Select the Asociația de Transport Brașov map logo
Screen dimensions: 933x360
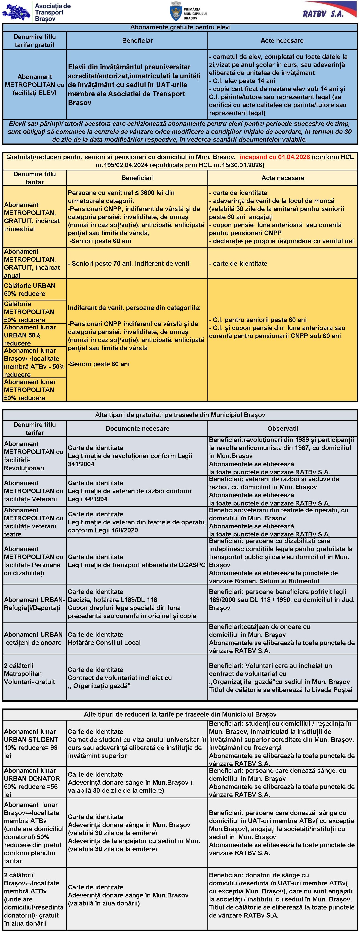coord(15,12)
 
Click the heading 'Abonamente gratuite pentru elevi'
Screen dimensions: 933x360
coord(180,27)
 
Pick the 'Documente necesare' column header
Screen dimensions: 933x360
coord(137,429)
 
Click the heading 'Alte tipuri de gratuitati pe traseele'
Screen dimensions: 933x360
coord(180,415)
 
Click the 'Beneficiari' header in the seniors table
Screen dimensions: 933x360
coord(137,178)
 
